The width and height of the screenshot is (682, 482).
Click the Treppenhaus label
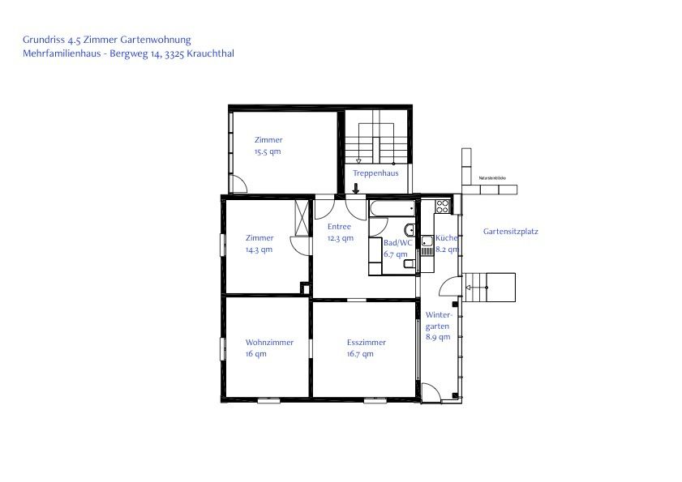coord(375,173)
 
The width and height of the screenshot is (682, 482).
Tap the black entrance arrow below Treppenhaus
coord(355,190)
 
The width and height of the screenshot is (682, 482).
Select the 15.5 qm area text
coord(267,151)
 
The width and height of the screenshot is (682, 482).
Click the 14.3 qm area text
coord(259,250)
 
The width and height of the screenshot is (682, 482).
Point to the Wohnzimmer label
coord(269,342)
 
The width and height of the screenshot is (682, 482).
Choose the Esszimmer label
coord(360,342)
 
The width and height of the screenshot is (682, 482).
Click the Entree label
coord(339,227)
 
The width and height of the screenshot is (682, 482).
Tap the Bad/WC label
coord(397,242)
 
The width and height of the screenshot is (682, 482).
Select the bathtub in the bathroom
coord(392,208)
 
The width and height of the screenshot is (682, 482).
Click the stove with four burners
coord(443,206)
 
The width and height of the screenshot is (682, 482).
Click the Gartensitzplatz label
coord(510,231)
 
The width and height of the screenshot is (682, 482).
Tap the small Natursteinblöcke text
coord(491,177)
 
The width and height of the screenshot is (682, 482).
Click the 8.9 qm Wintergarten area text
coord(437,337)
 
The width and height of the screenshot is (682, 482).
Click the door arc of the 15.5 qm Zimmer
coord(239,185)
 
